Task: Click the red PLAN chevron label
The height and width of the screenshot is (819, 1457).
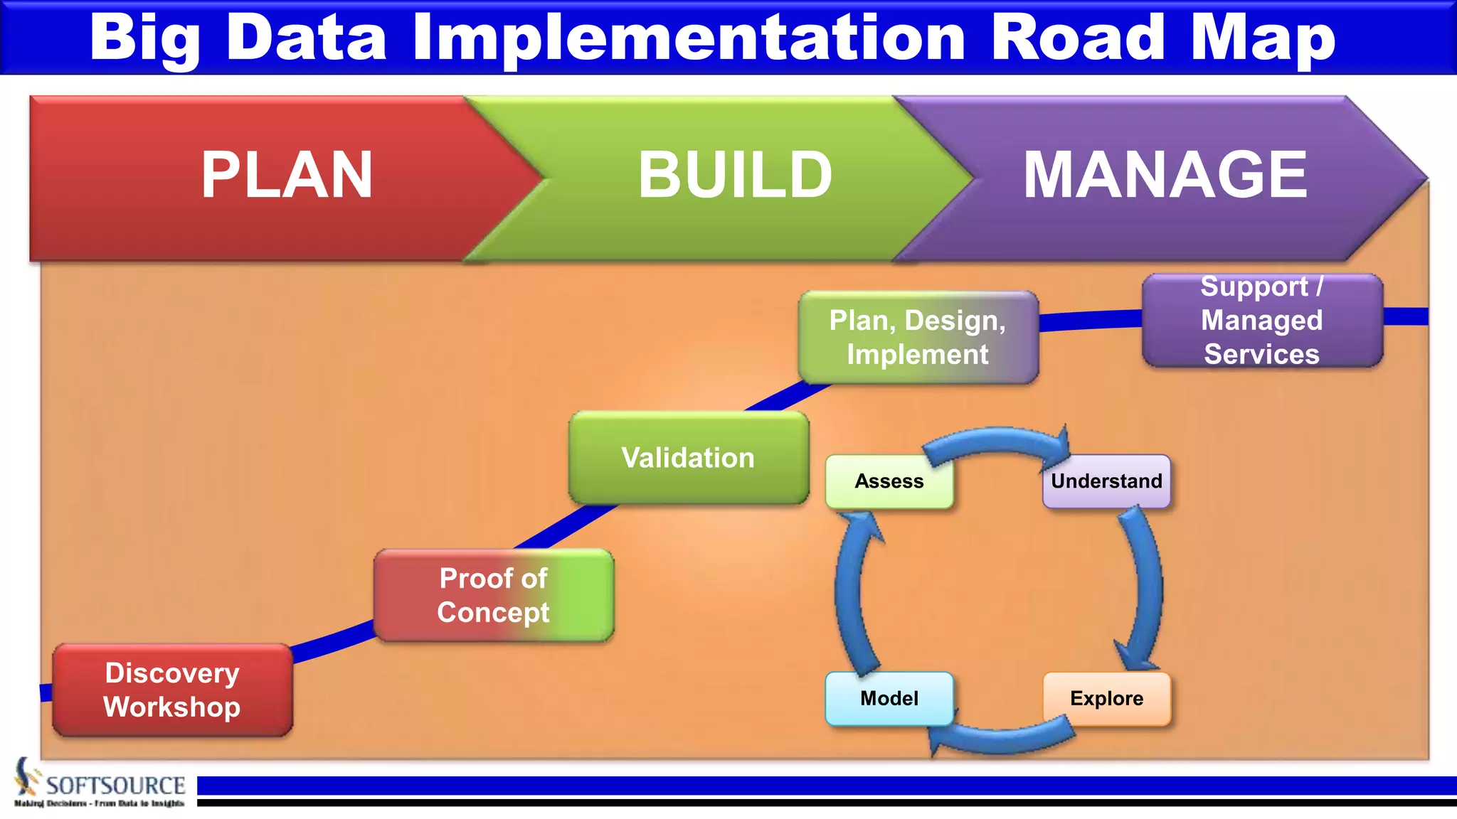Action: tap(287, 176)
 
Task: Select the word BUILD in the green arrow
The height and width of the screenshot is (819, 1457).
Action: tap(735, 176)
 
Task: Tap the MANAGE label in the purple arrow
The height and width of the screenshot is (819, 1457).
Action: tap(1165, 176)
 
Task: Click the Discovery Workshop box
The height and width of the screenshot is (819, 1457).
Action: tap(172, 690)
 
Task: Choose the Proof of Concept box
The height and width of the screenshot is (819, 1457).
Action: tap(493, 596)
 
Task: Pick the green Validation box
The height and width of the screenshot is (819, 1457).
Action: tap(688, 458)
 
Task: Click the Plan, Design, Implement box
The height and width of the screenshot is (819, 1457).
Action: tap(918, 338)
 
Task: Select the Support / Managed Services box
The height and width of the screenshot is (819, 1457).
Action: tap(1262, 321)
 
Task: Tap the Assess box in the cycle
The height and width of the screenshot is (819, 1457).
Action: tap(889, 481)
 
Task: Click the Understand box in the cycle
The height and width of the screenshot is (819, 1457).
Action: tap(1106, 481)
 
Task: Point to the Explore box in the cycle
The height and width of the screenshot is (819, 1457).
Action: tap(1106, 699)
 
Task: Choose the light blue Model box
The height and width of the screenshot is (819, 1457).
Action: tap(889, 699)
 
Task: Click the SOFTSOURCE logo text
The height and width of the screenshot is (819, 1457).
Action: tap(115, 786)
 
